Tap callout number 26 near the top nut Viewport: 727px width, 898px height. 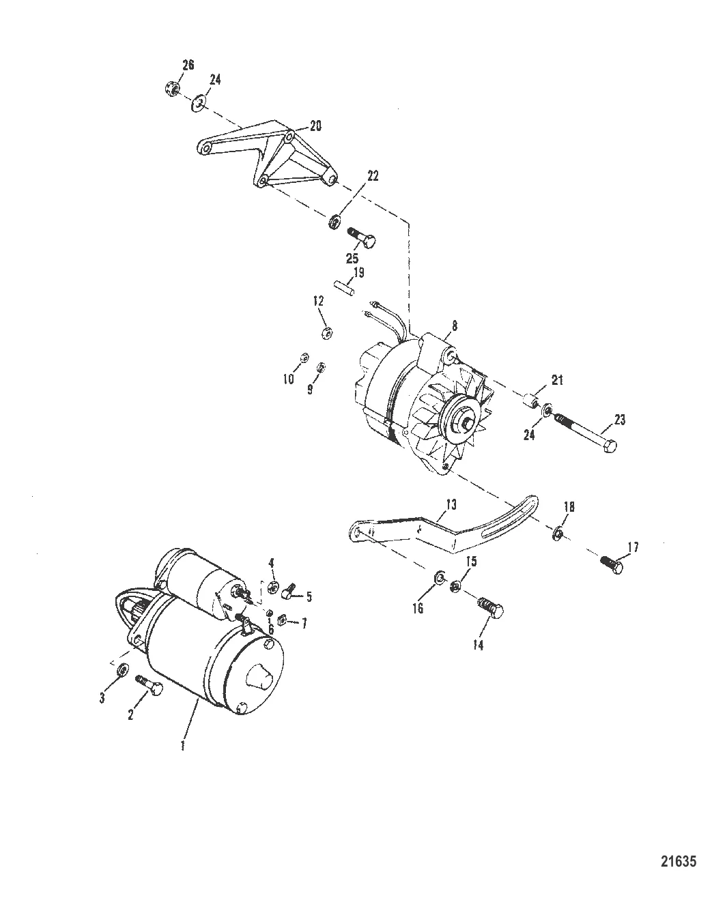tap(188, 66)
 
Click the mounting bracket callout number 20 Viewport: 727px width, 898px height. tap(315, 126)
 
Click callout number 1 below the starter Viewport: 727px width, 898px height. tap(182, 745)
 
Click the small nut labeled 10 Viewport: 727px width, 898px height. tap(304, 357)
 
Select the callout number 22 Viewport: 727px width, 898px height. tap(373, 175)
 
